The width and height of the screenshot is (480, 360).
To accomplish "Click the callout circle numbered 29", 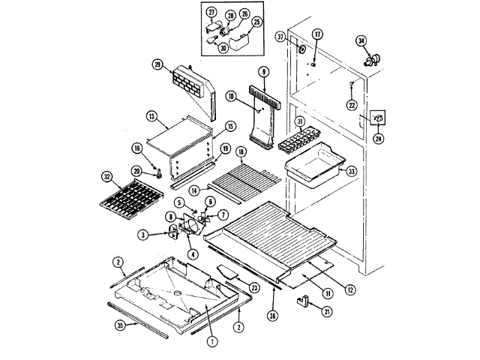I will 157,64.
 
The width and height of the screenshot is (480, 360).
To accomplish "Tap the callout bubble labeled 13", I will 151,116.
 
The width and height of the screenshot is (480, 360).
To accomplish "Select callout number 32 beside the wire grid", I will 106,178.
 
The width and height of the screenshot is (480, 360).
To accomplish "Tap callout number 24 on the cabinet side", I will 379,138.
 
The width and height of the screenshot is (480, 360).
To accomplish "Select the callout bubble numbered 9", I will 263,72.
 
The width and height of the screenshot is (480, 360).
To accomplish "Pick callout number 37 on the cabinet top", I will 280,37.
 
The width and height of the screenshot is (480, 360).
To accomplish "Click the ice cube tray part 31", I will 306,139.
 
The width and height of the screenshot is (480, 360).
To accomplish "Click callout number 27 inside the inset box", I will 211,13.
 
